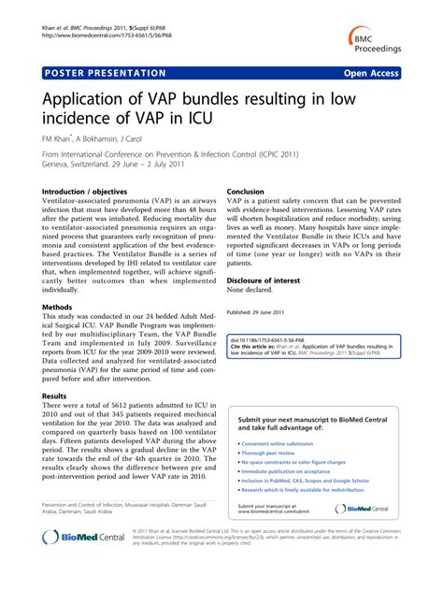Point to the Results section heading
coord(54,396)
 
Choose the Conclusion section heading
coord(247,191)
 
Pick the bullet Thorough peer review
coord(270,453)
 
